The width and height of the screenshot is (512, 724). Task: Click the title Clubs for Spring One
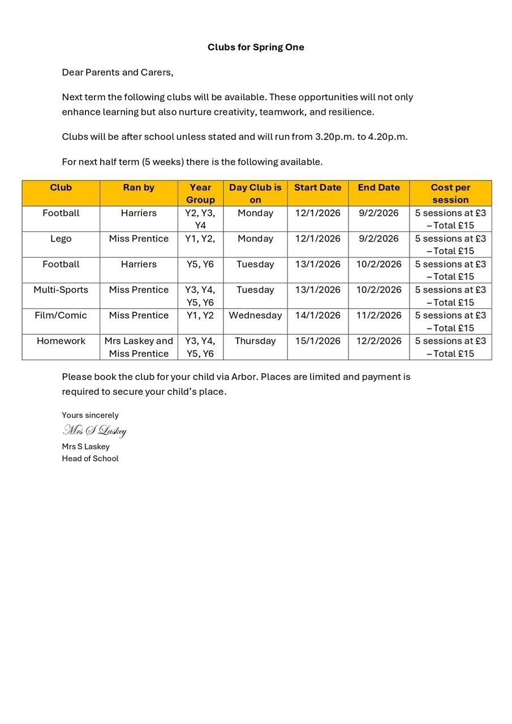256,47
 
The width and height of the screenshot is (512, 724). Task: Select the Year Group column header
200,193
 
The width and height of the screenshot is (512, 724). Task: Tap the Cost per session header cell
450,193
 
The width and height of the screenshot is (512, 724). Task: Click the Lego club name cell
61,239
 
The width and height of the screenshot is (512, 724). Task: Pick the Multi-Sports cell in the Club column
61,290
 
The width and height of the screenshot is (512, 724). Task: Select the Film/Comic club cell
61,315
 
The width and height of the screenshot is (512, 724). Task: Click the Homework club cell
61,341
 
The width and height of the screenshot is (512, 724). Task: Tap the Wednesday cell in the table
255,315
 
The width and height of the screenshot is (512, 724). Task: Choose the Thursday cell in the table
255,341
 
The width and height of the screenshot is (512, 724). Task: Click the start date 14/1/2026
318,315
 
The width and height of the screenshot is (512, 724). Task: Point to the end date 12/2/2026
379,341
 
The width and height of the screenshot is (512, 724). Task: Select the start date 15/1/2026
318,341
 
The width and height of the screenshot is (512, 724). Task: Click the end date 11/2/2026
379,315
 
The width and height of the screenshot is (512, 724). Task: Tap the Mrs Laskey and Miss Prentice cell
139,347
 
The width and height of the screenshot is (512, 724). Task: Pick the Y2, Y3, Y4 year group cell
200,219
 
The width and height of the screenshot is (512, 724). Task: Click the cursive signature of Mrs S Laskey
94,431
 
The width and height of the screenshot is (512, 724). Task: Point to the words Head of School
90,459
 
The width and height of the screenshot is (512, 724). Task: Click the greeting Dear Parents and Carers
118,72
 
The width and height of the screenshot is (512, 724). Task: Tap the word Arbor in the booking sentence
244,377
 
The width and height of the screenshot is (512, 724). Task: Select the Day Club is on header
255,193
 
